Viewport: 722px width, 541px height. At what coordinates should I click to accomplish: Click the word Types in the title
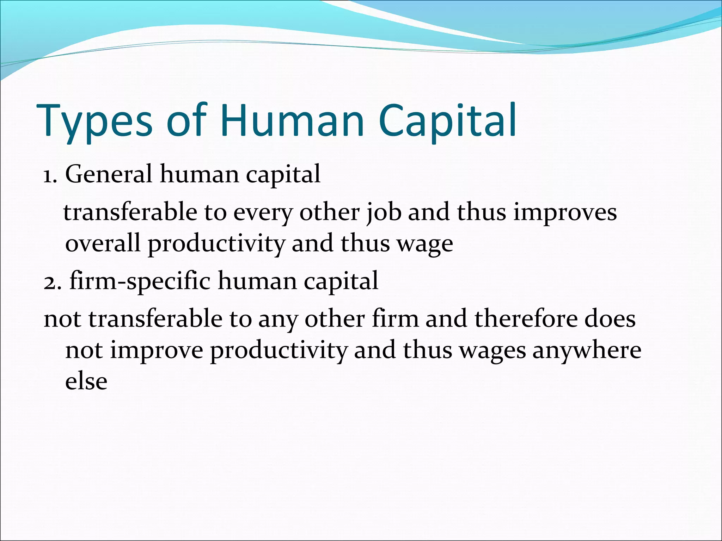[x=94, y=120]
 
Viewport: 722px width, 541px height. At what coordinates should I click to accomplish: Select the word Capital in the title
[x=448, y=120]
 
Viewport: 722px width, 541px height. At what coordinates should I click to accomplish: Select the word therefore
[x=525, y=319]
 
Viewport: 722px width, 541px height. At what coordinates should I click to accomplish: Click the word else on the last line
[x=86, y=381]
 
